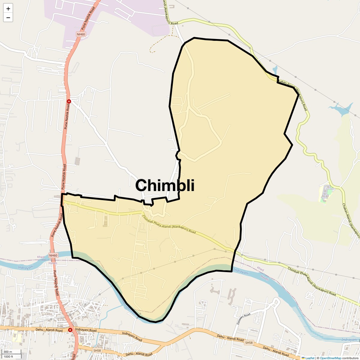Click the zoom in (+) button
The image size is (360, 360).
[x=8, y=9]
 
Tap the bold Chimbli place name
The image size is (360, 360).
[x=165, y=185]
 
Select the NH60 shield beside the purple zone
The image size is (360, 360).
[x=81, y=34]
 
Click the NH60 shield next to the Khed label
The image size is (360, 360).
[x=53, y=255]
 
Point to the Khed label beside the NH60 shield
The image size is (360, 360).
[x=40, y=257]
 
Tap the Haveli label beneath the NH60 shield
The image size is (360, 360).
[x=52, y=263]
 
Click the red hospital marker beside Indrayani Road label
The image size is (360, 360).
[x=70, y=330]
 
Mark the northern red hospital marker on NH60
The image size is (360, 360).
[x=69, y=101]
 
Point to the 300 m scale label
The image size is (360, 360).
[x=8, y=352]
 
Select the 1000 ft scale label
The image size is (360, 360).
[x=8, y=357]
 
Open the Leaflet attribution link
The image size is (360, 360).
[x=310, y=358]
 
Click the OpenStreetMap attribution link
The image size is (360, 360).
[x=330, y=358]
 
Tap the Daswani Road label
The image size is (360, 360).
[x=243, y=319]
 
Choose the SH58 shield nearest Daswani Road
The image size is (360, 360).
[x=249, y=343]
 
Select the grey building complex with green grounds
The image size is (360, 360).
[x=325, y=193]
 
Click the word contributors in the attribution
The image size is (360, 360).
[x=350, y=358]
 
